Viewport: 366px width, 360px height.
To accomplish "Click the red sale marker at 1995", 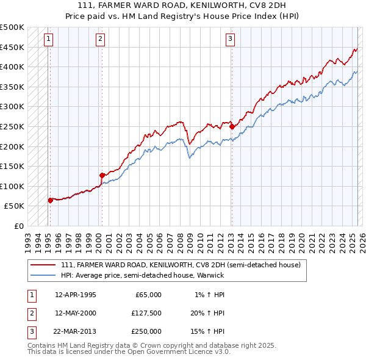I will pos(50,200).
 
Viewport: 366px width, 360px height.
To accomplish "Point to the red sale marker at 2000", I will pos(102,175).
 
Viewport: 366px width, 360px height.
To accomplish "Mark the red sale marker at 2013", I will pos(232,127).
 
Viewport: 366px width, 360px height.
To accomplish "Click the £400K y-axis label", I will pos(12,67).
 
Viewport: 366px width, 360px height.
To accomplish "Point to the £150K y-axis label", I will pos(12,166).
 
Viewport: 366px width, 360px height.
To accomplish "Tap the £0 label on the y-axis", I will pos(19,226).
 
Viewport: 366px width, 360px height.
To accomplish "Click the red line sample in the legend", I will pos(44,265).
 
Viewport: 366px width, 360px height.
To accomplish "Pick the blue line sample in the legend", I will pos(44,275).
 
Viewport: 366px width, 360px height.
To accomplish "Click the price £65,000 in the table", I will pos(148,295).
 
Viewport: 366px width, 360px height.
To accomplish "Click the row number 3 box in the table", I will pos(30,331).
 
